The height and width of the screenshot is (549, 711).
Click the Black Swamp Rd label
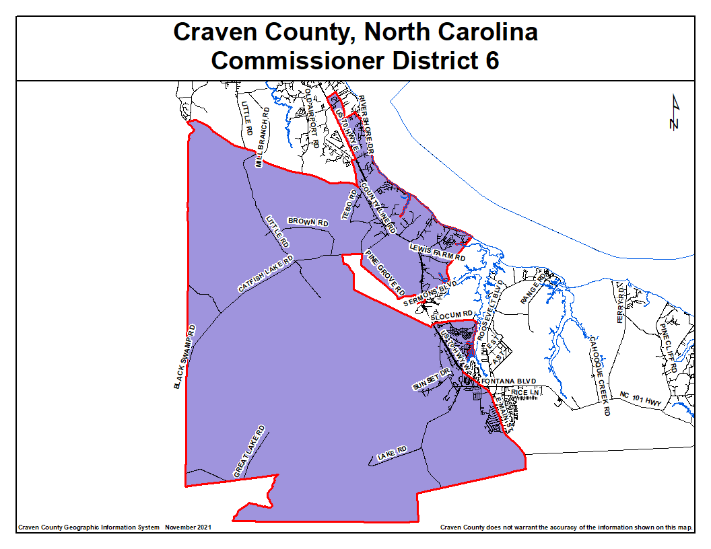coord(184,357)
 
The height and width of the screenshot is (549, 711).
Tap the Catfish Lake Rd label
coord(266,274)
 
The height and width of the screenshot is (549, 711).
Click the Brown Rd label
coord(308,221)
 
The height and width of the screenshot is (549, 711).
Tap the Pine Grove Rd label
coord(384,274)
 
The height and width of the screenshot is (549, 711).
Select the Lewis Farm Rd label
coord(438,253)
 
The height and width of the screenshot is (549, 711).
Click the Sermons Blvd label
coord(426,295)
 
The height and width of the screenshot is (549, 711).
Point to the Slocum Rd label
coord(456,314)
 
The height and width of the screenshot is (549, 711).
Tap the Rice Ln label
coord(527,392)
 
